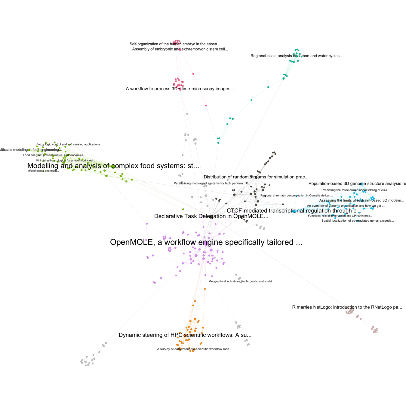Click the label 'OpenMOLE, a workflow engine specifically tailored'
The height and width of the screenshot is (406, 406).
206,242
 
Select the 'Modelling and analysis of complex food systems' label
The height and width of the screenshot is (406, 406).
113,166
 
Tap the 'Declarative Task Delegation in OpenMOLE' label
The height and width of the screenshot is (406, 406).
211,216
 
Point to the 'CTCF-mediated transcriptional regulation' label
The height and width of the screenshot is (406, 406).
293,211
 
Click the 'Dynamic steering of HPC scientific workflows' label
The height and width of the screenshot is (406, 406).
185,335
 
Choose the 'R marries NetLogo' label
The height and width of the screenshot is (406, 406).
347,307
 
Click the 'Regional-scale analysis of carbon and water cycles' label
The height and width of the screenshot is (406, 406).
296,56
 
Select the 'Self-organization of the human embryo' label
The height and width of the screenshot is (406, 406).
175,44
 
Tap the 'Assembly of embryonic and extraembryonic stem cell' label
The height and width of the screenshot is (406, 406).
180,49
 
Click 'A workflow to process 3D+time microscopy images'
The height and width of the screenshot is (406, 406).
180,89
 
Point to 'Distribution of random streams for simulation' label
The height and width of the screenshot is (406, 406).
256,177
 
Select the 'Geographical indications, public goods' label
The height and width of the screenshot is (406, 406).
241,281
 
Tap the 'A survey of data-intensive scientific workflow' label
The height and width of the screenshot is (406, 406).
194,349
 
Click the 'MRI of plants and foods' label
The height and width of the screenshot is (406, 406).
43,171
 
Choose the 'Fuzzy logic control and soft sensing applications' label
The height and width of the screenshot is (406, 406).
70,144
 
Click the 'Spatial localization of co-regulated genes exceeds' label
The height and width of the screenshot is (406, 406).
357,221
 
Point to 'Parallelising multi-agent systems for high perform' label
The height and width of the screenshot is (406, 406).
209,183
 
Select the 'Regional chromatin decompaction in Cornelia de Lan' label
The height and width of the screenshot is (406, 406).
297,195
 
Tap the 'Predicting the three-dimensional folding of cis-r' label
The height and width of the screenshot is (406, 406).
355,190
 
